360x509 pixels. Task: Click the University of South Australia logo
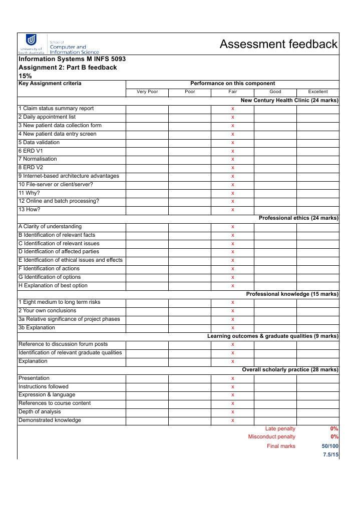click(x=31, y=44)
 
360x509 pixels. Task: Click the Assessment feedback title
click(x=279, y=44)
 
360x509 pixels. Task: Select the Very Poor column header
click(x=147, y=92)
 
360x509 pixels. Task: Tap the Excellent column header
click(x=318, y=92)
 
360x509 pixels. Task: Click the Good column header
click(x=275, y=92)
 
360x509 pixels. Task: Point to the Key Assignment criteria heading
click(x=50, y=84)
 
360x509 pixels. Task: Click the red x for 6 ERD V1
click(x=233, y=151)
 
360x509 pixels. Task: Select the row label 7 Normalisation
click(x=38, y=159)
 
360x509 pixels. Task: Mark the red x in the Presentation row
click(x=233, y=379)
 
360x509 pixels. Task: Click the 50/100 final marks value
click(x=329, y=446)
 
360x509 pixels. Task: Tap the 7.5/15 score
click(x=330, y=455)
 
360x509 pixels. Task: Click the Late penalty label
click(x=280, y=428)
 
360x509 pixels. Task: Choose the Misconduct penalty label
click(x=271, y=437)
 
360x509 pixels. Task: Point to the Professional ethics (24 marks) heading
click(x=298, y=218)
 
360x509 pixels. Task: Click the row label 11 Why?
click(x=29, y=193)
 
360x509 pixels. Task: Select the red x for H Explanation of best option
click(x=233, y=286)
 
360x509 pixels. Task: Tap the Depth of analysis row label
click(x=42, y=412)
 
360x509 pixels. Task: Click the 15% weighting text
click(x=25, y=76)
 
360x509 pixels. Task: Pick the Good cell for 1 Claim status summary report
click(x=275, y=109)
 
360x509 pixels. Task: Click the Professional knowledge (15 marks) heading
click(x=292, y=294)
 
